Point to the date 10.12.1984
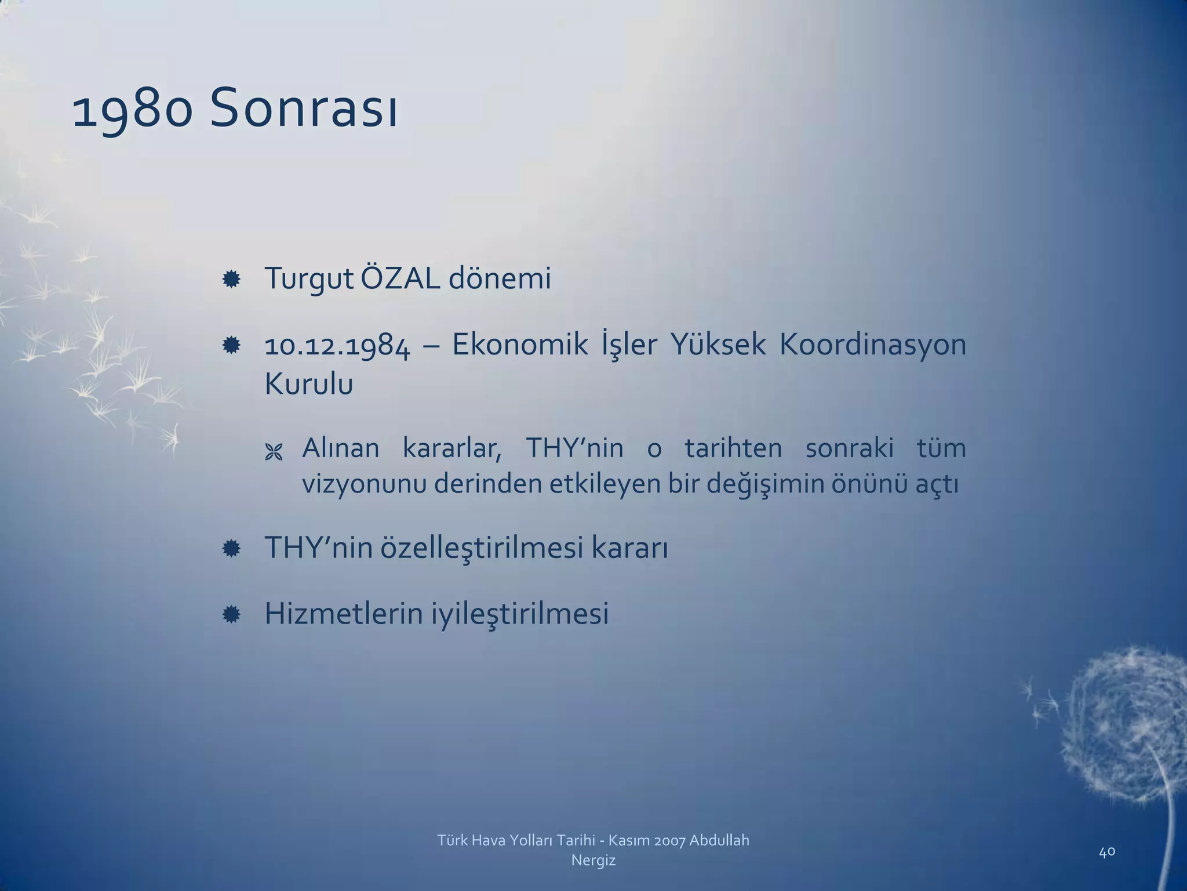[x=337, y=346]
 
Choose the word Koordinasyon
[x=872, y=346]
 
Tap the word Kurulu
[x=308, y=384]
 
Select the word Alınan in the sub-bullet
[x=341, y=448]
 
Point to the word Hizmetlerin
[x=344, y=614]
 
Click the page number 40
[x=1107, y=852]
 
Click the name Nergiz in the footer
[x=593, y=860]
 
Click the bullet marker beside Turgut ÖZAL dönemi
[x=231, y=280]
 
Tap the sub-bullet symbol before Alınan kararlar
[x=273, y=452]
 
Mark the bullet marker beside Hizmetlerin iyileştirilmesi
[x=231, y=614]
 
